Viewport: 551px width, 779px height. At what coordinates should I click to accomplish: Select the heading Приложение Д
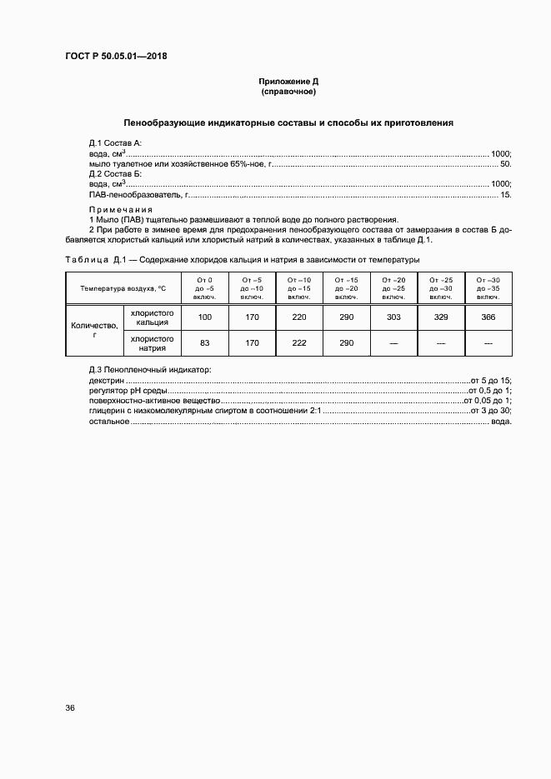click(x=288, y=82)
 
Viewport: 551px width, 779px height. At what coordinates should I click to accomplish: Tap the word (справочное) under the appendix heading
click(x=288, y=92)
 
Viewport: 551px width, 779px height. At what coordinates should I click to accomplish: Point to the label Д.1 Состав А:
click(x=115, y=143)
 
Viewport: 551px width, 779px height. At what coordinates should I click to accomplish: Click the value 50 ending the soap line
click(x=504, y=164)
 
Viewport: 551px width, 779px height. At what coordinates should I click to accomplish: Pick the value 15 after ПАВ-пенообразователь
click(x=505, y=194)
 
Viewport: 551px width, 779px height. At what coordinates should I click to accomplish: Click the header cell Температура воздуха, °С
click(x=123, y=287)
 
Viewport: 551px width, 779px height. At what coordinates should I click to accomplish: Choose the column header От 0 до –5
click(x=204, y=287)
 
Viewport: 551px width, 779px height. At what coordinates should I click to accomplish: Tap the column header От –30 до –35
click(x=488, y=287)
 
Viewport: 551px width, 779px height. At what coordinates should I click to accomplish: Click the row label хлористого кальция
click(x=153, y=317)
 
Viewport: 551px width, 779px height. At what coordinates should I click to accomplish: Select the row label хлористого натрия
click(x=153, y=343)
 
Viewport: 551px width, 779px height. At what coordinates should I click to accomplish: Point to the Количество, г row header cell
click(x=95, y=331)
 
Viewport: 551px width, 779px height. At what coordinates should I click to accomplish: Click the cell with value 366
click(x=488, y=317)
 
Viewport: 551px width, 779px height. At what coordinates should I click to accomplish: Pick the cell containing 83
click(x=204, y=343)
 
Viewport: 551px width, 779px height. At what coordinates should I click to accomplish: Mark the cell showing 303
click(x=393, y=317)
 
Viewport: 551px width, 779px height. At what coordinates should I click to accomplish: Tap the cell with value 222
click(x=298, y=343)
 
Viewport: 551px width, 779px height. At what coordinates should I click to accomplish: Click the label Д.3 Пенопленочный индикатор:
click(x=150, y=369)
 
